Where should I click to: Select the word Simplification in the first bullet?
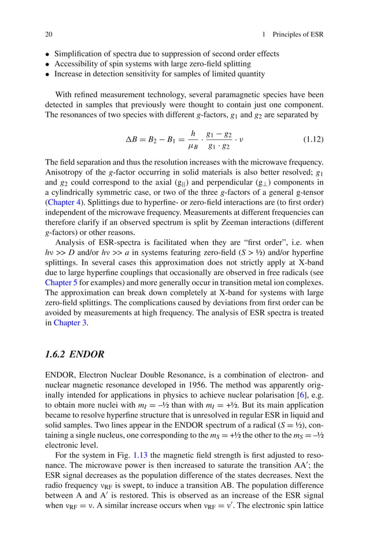(x=78, y=54)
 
